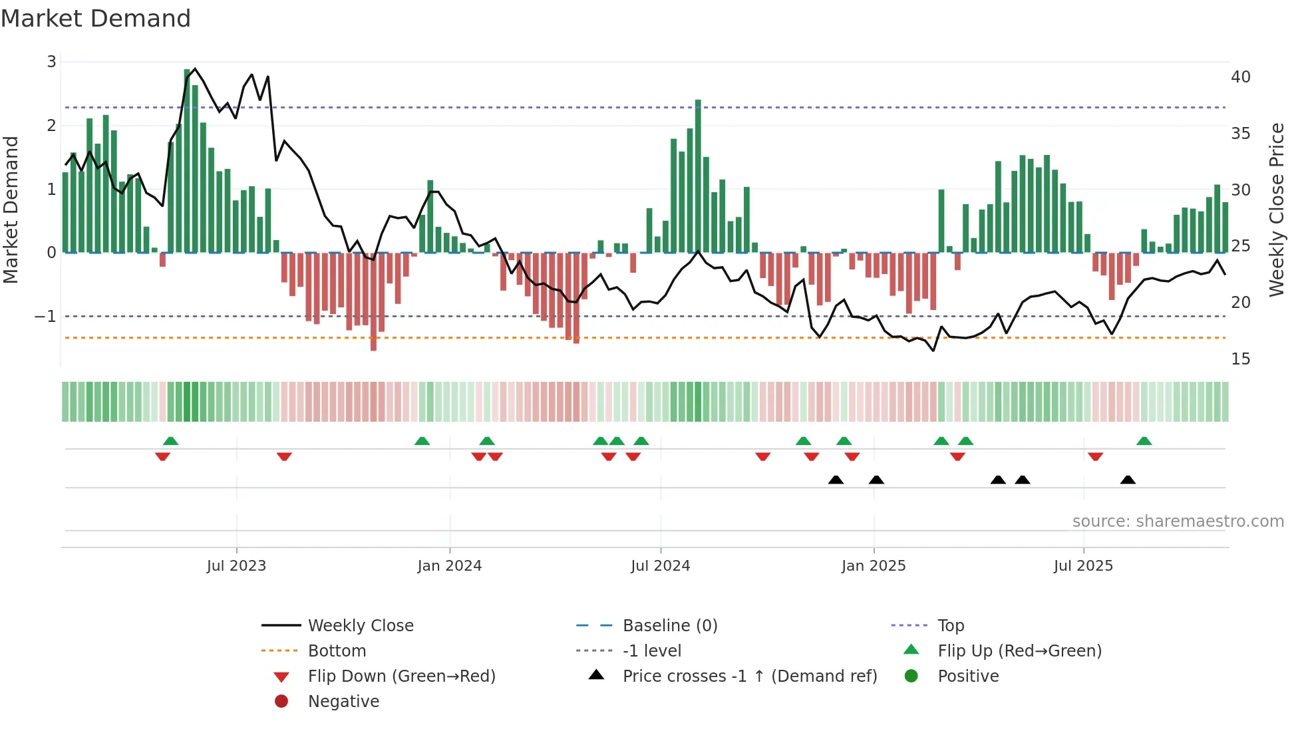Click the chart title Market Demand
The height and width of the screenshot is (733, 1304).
[96, 19]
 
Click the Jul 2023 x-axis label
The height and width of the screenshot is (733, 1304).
[236, 566]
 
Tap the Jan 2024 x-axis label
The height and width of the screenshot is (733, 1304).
[449, 566]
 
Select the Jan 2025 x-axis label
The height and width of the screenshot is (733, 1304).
[874, 566]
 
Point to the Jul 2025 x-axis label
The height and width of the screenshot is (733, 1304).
[1083, 566]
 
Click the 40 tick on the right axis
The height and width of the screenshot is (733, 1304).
[1241, 77]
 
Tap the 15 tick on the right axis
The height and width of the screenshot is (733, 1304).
[1241, 359]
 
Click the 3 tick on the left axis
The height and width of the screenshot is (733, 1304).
[51, 62]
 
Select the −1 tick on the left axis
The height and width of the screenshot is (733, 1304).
[46, 317]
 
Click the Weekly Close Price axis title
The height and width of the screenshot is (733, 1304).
[1276, 210]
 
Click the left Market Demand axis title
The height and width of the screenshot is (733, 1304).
[11, 210]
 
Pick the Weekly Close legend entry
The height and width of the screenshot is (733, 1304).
[361, 626]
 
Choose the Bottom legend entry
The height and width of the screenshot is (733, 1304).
[337, 651]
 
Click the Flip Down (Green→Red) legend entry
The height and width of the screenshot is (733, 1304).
[401, 676]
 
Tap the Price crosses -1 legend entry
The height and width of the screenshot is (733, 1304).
[750, 676]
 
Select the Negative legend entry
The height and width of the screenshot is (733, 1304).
[343, 702]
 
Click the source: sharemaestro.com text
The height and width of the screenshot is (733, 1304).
[1178, 521]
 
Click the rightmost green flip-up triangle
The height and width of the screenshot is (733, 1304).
[1144, 441]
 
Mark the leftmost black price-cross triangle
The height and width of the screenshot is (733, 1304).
[836, 480]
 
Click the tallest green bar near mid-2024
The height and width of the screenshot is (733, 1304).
[698, 176]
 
